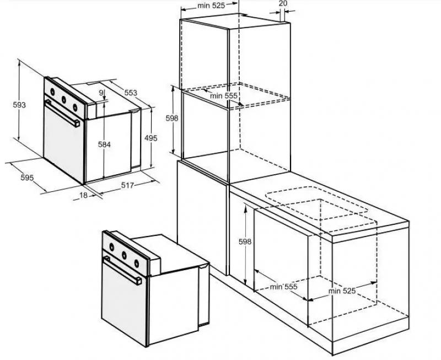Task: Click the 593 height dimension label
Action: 19,105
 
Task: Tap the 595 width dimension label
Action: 27,178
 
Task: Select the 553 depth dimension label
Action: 131,93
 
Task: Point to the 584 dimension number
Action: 104,144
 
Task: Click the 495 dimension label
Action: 151,138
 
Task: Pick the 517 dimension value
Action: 127,185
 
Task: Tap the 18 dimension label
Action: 84,195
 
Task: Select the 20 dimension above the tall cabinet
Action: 283,3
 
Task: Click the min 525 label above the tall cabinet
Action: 211,6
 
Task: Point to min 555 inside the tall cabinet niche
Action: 224,96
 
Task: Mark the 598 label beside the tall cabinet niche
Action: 172,119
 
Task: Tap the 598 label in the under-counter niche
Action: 245,241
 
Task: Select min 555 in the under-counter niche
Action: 283,287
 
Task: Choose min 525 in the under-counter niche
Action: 342,291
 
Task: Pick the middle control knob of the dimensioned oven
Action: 64,100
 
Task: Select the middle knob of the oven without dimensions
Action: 124,255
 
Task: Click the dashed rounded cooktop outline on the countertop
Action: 316,203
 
